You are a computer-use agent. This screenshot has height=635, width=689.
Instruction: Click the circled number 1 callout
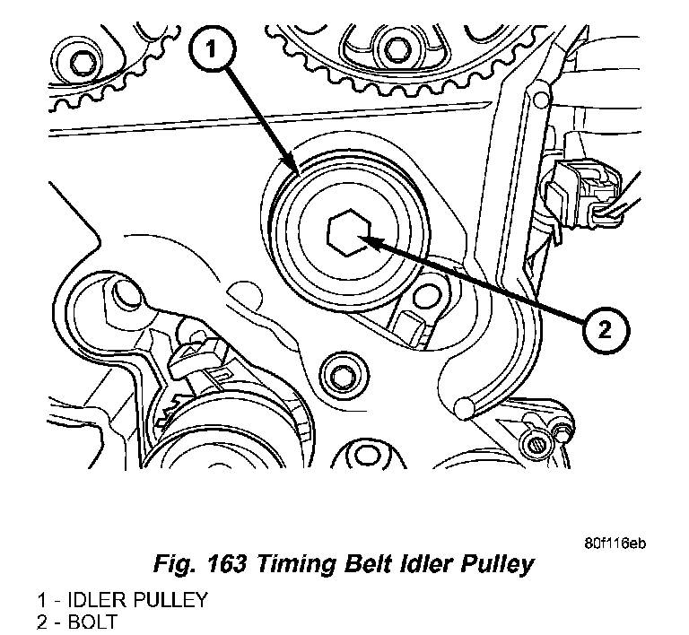tap(211, 52)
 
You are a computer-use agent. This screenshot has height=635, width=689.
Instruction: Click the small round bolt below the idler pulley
tap(341, 372)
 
